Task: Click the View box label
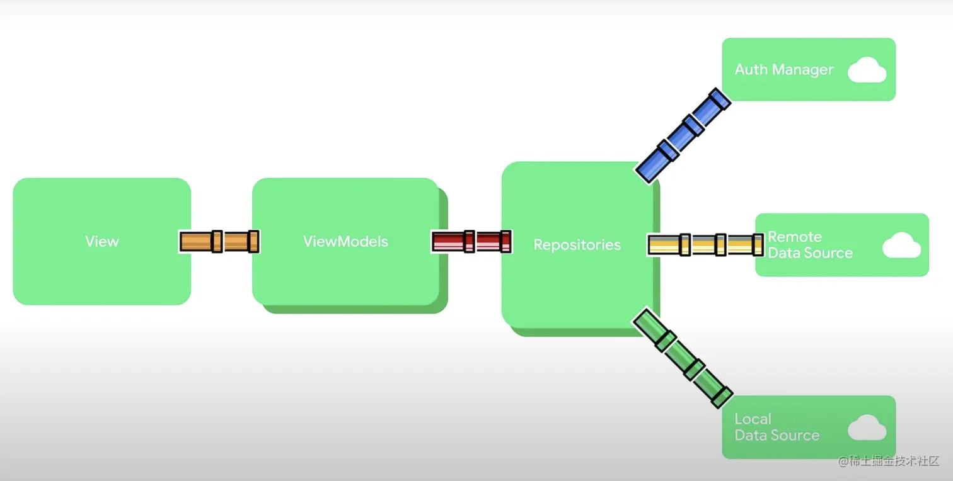101,242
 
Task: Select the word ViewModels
345,242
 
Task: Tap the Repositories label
577,245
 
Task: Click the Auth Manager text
784,70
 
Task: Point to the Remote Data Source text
810,245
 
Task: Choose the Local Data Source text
777,427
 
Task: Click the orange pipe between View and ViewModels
219,242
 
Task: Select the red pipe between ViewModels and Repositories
471,242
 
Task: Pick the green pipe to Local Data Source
682,356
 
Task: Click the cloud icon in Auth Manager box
867,70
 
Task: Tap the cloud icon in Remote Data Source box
901,245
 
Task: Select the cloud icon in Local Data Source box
867,427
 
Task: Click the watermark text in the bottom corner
889,461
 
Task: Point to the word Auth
750,70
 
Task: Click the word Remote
795,237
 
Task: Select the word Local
753,419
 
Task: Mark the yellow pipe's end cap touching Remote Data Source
758,245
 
